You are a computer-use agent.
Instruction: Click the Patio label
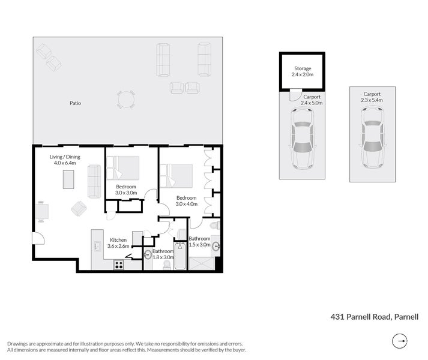[75, 103]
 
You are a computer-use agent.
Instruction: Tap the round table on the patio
[126, 99]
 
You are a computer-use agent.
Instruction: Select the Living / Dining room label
[65, 157]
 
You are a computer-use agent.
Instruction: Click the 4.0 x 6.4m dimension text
[65, 164]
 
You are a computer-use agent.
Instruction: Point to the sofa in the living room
[95, 181]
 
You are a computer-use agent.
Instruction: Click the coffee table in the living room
[69, 179]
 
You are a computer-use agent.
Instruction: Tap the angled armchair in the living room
[79, 208]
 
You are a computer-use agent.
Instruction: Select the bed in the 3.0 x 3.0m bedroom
[124, 167]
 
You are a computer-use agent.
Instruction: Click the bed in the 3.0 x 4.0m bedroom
[178, 176]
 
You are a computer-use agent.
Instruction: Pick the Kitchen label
[118, 240]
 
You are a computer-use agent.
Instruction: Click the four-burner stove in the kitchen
[119, 264]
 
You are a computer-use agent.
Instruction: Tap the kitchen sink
[95, 246]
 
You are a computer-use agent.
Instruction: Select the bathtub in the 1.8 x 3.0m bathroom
[180, 256]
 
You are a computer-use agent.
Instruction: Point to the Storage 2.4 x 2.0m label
[303, 71]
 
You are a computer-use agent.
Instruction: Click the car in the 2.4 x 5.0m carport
[302, 137]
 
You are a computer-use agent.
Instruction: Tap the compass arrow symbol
[400, 342]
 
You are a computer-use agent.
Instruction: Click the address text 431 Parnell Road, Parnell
[374, 317]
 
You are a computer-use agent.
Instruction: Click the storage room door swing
[294, 95]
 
